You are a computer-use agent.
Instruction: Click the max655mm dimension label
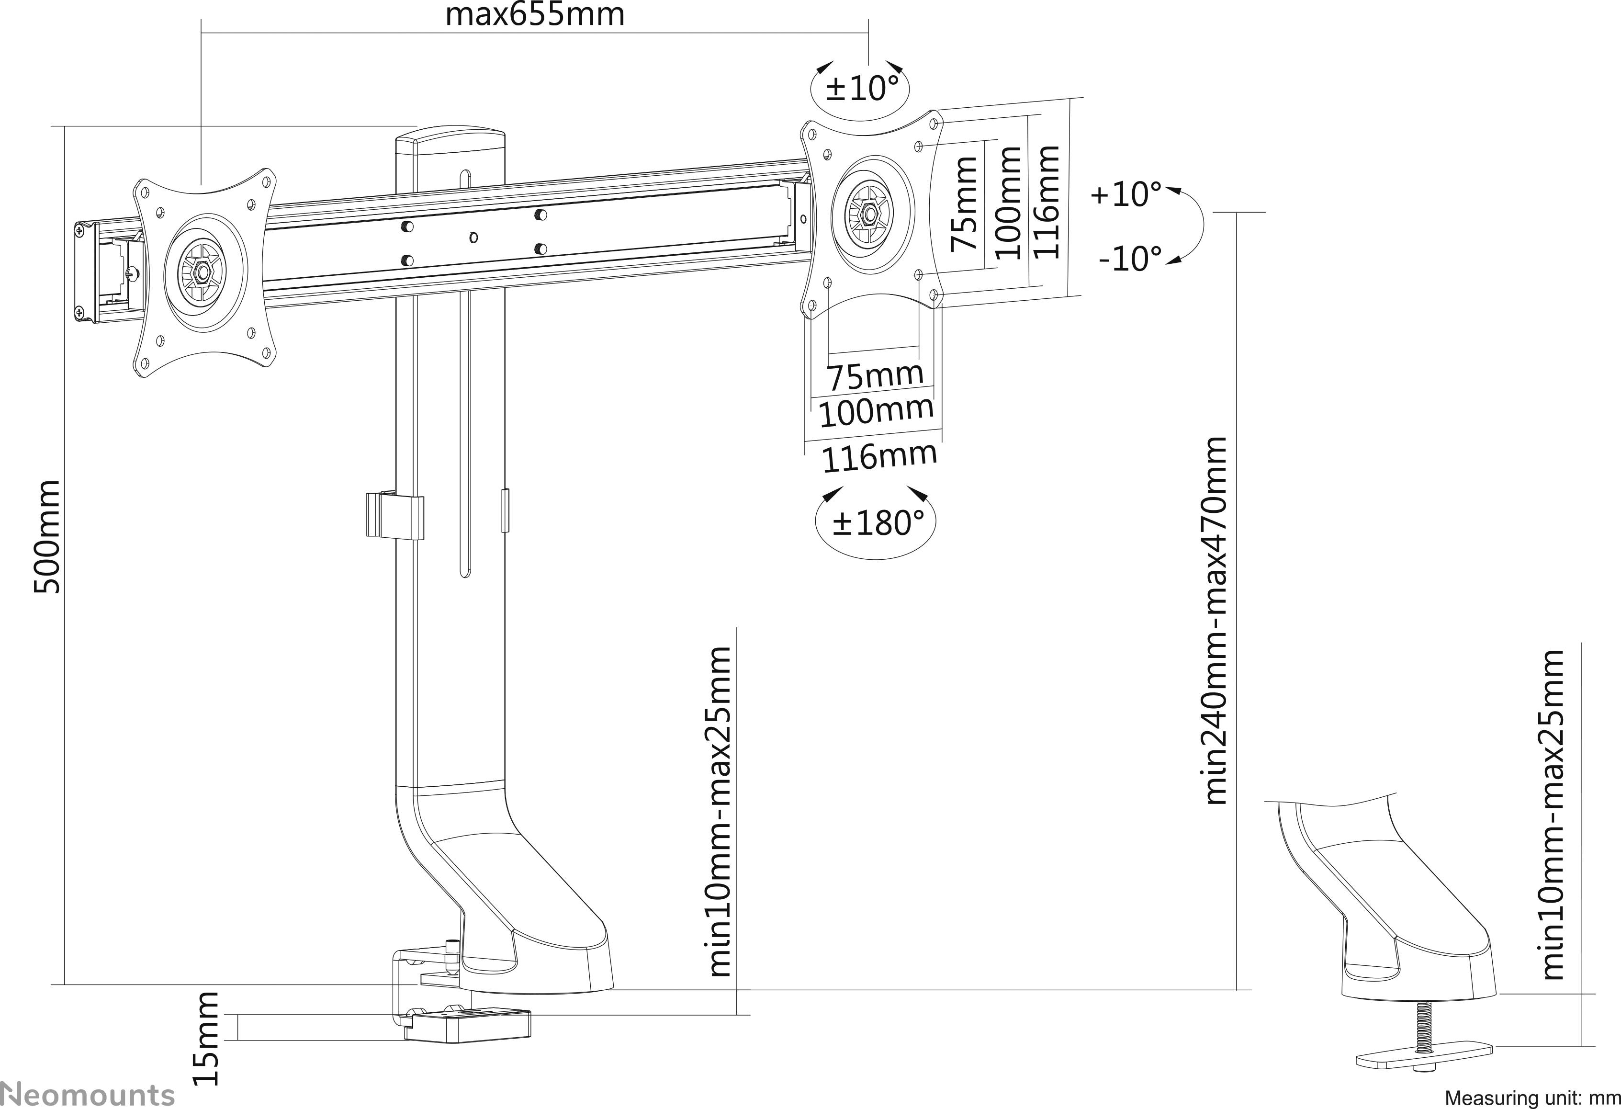(x=535, y=15)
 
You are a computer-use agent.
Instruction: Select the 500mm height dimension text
(x=47, y=536)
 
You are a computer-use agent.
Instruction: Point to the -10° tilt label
(x=1130, y=259)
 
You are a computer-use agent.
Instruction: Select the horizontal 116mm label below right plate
(x=879, y=457)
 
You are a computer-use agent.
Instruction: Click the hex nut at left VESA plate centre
(x=203, y=272)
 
